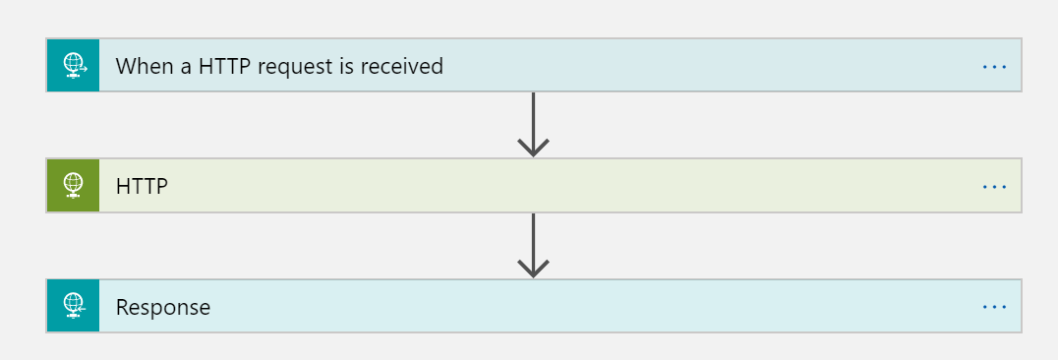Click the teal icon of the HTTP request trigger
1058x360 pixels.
(74, 66)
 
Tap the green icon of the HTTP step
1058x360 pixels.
(74, 186)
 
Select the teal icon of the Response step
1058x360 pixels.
(74, 307)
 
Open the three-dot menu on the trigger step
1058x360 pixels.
(994, 66)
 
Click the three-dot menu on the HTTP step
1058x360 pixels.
(994, 186)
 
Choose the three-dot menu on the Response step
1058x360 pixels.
(994, 307)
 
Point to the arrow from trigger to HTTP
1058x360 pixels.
(533, 123)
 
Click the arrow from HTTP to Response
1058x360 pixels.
(533, 244)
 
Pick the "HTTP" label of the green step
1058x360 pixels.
(142, 186)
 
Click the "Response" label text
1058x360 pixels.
(163, 307)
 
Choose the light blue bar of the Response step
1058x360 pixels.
(590, 307)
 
